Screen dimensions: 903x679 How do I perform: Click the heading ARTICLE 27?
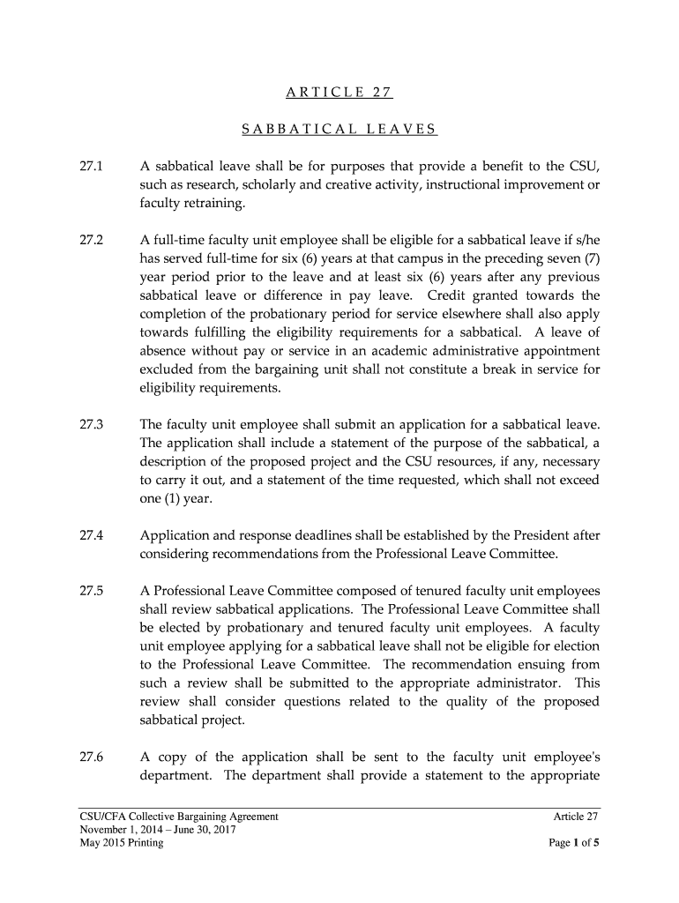pyautogui.click(x=339, y=92)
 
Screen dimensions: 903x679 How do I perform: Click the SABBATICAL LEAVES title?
pyautogui.click(x=339, y=130)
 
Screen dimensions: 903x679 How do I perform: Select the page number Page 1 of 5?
pyautogui.click(x=573, y=843)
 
